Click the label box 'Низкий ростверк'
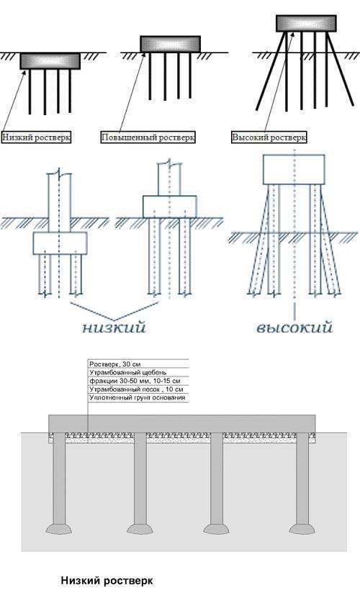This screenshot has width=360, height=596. pyautogui.click(x=37, y=137)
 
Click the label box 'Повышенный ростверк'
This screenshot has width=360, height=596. pyautogui.click(x=148, y=137)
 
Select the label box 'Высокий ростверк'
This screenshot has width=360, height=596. pyautogui.click(x=269, y=137)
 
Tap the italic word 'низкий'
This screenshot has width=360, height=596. pyautogui.click(x=114, y=328)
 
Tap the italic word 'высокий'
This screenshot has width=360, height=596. pyautogui.click(x=294, y=328)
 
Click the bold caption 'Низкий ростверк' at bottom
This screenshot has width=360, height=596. pyautogui.click(x=107, y=581)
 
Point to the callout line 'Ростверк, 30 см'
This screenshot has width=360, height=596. pyautogui.click(x=114, y=364)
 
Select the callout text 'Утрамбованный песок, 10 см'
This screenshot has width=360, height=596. pyautogui.click(x=136, y=389)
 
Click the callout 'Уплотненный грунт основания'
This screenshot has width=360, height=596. pyautogui.click(x=138, y=397)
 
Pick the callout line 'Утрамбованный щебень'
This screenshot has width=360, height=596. pyautogui.click(x=127, y=373)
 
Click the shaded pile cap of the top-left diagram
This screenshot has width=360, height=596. pyautogui.click(x=50, y=61)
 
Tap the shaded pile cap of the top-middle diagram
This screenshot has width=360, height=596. pyautogui.click(x=171, y=44)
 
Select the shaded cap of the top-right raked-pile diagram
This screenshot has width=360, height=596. pyautogui.click(x=306, y=23)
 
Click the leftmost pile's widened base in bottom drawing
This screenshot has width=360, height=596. pyautogui.click(x=59, y=529)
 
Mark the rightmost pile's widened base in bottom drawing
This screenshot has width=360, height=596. pyautogui.click(x=302, y=529)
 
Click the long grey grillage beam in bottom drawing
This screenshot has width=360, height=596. pyautogui.click(x=182, y=423)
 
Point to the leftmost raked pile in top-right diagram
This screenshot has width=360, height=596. pyautogui.click(x=271, y=71)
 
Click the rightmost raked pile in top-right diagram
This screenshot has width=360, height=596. pyautogui.click(x=341, y=69)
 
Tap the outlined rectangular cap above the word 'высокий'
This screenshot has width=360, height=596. pyautogui.click(x=294, y=170)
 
